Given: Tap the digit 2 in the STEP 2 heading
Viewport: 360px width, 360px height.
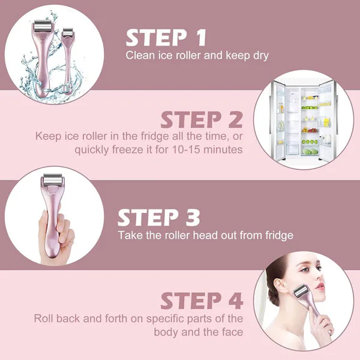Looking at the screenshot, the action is pos(236,119).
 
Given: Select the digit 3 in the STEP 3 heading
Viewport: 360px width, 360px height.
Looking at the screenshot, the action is pos(193,217).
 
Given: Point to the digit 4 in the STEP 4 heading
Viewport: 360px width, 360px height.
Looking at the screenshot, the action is pos(236,301).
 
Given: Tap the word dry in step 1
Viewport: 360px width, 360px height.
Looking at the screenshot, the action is pos(261,56).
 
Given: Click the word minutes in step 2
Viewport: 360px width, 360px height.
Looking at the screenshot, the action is pos(223,149).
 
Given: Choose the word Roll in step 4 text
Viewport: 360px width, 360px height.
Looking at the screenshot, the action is pos(44,319).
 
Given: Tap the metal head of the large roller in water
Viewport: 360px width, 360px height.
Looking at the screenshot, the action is pos(43,27).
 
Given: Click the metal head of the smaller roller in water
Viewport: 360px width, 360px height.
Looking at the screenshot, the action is pos(67,32).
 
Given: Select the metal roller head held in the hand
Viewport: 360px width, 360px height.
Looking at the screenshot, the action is pos(53,180).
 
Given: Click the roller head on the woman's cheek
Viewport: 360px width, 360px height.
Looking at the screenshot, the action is pos(301,291).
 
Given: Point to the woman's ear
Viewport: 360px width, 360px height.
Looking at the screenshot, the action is pos(279,287).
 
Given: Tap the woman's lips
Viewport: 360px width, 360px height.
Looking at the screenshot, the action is pos(320,287).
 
